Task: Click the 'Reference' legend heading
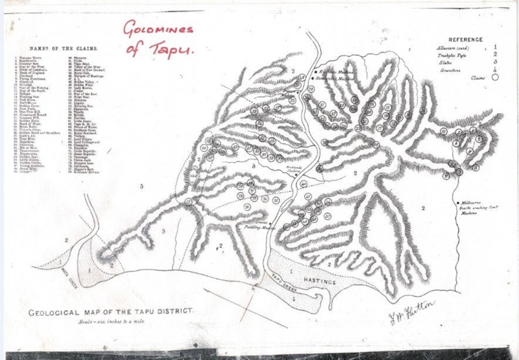pyautogui.click(x=465, y=38)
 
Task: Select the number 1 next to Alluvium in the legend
pyautogui.click(x=495, y=47)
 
